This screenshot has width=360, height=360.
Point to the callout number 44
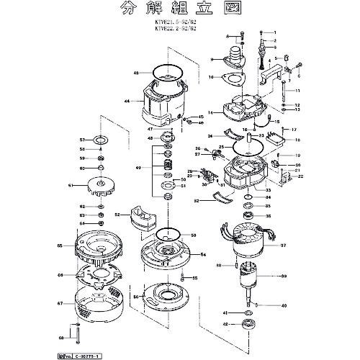127,102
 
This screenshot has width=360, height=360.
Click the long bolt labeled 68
73,336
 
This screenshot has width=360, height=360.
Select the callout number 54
203,255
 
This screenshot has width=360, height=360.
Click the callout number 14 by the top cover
210,113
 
